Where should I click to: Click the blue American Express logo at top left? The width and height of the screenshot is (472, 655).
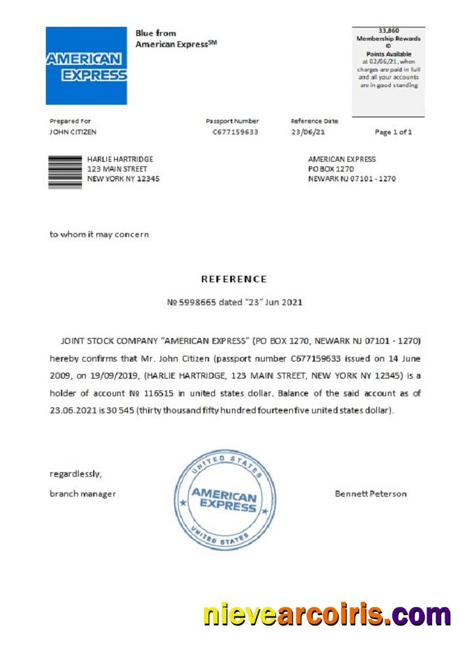click(86, 65)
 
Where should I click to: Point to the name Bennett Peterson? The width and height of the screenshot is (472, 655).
click(370, 494)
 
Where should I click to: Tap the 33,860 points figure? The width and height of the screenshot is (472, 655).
click(388, 30)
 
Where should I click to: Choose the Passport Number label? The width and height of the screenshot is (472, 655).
click(232, 121)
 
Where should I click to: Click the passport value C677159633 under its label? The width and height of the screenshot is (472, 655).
click(235, 132)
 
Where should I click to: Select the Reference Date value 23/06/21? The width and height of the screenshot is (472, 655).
click(307, 132)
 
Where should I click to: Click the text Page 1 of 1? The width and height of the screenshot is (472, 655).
click(393, 132)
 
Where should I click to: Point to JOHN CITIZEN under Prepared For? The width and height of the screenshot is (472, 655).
click(73, 132)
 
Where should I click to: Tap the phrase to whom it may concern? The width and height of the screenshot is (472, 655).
click(99, 234)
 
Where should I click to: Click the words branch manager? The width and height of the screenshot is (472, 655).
click(83, 494)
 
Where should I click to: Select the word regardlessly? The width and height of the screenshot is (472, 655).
click(75, 474)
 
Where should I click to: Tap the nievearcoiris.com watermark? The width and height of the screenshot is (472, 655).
click(326, 615)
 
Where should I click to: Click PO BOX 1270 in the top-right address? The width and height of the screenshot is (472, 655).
click(331, 169)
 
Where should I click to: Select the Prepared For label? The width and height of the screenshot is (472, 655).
click(70, 121)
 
